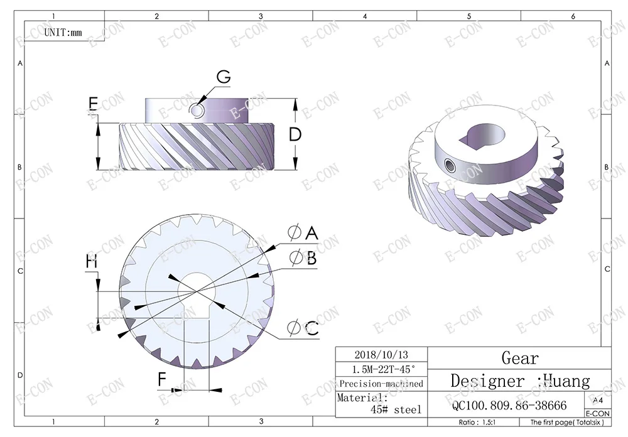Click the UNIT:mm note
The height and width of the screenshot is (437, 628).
pos(63,33)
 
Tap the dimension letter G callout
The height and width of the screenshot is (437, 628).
pos(224,77)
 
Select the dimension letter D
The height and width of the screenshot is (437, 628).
pos(295,134)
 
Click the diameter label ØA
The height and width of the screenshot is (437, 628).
pos(303,232)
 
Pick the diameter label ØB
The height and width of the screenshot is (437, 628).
pos(303,258)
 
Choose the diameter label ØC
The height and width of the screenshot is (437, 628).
pos(303,328)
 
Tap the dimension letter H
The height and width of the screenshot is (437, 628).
pos(92,262)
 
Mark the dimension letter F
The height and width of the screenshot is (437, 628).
pos(162,379)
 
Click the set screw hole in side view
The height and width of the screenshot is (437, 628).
pos(196,110)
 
